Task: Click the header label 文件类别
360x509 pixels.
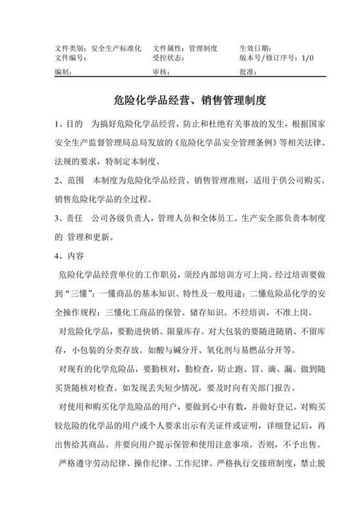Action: point(68,48)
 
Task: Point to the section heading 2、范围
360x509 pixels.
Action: point(68,182)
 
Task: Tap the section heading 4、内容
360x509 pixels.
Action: point(69,256)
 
